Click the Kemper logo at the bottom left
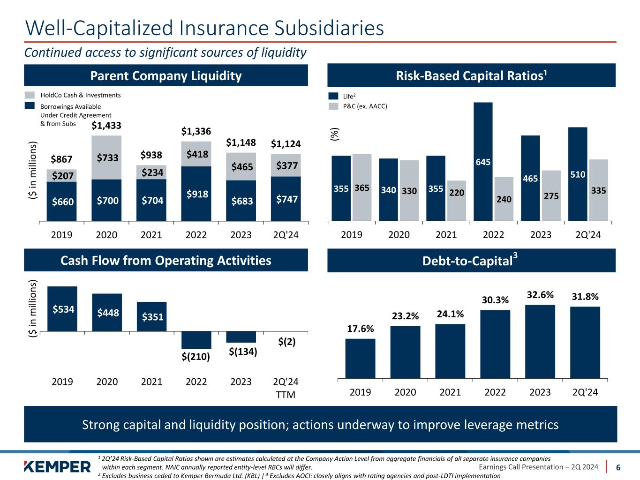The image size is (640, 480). pos(57,466)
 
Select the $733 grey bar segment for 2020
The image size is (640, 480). pos(106,157)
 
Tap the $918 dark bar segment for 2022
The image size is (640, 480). pos(196,193)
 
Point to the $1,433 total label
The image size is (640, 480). pos(106,125)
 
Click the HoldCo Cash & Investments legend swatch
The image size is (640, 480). pos(30,95)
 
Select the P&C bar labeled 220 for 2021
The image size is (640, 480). pos(456,200)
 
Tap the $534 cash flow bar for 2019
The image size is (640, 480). pos(62,309)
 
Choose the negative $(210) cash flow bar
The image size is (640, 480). pos(196,340)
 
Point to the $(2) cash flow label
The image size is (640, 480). pos(286,342)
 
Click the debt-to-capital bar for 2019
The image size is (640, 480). pos(360,358)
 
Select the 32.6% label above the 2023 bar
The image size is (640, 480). pos(540,295)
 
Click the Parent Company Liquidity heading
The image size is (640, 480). pos(166,75)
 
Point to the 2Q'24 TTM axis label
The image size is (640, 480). pos(286,388)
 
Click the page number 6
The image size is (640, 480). pos(618,467)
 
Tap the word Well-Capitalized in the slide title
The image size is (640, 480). pos(98,28)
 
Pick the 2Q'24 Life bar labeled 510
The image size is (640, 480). pos(577,173)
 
